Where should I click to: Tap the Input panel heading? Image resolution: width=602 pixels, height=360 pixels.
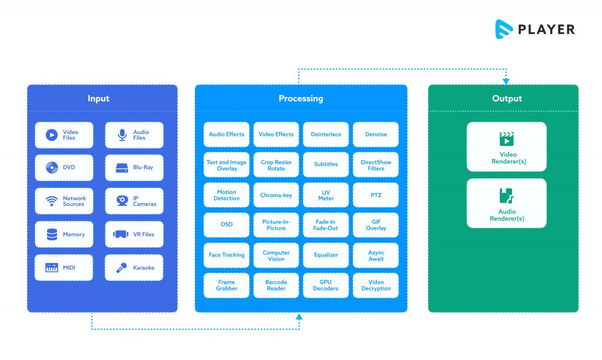pyautogui.click(x=99, y=98)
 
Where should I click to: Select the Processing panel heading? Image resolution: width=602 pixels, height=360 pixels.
pyautogui.click(x=300, y=98)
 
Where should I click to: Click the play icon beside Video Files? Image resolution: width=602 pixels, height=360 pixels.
pyautogui.click(x=52, y=135)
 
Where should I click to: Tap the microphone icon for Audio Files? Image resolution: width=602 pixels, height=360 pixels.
pyautogui.click(x=122, y=135)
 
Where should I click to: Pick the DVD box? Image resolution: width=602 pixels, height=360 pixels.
pyautogui.click(x=64, y=168)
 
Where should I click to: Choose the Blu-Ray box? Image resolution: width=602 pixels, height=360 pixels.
pyautogui.click(x=134, y=168)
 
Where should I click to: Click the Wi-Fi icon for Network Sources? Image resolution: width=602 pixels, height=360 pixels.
pyautogui.click(x=52, y=201)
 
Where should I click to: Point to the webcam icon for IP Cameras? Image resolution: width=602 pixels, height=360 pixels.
pyautogui.click(x=122, y=201)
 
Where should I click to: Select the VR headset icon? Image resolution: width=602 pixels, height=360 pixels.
pyautogui.click(x=121, y=234)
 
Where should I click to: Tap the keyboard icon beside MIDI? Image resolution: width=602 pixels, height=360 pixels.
pyautogui.click(x=52, y=268)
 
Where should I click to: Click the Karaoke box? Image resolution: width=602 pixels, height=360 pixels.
pyautogui.click(x=134, y=268)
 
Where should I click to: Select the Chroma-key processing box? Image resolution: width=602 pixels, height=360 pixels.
pyautogui.click(x=276, y=195)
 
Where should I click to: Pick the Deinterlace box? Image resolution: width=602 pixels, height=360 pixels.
pyautogui.click(x=326, y=134)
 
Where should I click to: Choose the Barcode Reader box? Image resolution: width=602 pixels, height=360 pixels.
pyautogui.click(x=276, y=285)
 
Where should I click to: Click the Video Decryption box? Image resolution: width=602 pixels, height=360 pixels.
pyautogui.click(x=376, y=285)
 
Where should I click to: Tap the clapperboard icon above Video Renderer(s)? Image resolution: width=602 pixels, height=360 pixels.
pyautogui.click(x=507, y=139)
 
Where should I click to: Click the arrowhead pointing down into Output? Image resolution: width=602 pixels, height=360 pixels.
pyautogui.click(x=506, y=81)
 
